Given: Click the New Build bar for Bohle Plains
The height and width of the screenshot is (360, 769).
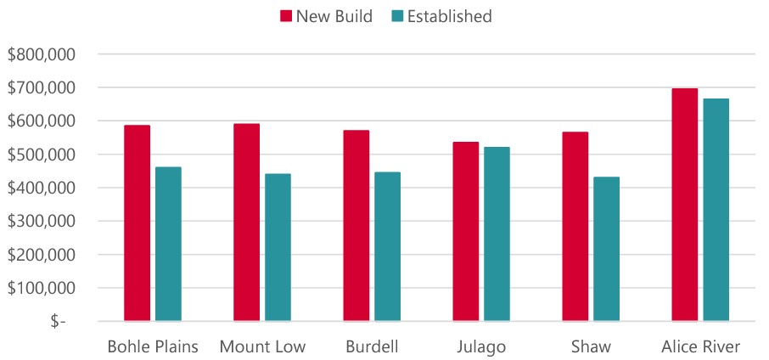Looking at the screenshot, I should pyautogui.click(x=137, y=223).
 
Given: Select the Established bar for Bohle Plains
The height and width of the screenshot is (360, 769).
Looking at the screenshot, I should pyautogui.click(x=168, y=244).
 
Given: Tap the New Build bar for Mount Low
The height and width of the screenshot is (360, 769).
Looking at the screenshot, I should pyautogui.click(x=246, y=222).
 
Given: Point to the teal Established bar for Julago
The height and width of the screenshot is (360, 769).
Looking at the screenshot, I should pyautogui.click(x=497, y=234).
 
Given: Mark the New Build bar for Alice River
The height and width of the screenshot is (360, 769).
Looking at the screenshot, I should pyautogui.click(x=684, y=205).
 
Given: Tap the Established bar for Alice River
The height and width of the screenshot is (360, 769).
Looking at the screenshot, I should pyautogui.click(x=716, y=210).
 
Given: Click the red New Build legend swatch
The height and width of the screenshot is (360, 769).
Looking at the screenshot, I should pyautogui.click(x=285, y=16).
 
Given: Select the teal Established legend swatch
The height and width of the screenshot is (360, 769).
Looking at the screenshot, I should pyautogui.click(x=398, y=16).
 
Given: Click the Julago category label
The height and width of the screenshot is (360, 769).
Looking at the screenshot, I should pyautogui.click(x=481, y=346).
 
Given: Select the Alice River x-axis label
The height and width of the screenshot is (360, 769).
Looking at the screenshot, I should pyautogui.click(x=700, y=346).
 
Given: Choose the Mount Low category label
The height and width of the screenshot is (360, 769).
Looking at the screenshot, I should pyautogui.click(x=262, y=346).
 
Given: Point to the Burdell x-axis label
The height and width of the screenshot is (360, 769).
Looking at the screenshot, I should pyautogui.click(x=371, y=346).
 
